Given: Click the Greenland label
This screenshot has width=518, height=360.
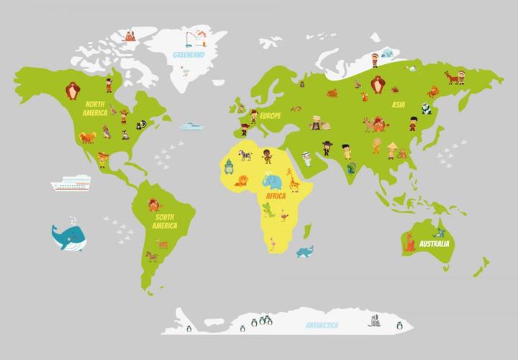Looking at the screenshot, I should point(189,54).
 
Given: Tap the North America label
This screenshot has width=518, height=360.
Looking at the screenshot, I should point(95,108).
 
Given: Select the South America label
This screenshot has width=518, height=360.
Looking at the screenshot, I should point(165,220).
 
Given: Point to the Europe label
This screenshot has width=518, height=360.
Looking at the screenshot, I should point(270,115).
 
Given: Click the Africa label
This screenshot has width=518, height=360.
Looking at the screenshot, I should point(276,196).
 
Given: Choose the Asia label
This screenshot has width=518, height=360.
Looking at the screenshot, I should point(398,104).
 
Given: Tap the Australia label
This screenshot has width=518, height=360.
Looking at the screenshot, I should point(434,244).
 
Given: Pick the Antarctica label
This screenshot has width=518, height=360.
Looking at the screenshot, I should point(322,325).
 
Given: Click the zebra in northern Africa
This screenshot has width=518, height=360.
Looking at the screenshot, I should point(246,154).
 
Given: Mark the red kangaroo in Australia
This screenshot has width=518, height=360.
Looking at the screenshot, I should point(410,243).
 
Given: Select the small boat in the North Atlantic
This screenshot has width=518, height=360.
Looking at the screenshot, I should point(191,126).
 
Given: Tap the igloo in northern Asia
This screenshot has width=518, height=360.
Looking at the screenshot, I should point(386,53).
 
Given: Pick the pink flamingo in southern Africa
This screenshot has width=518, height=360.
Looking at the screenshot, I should point(274,243).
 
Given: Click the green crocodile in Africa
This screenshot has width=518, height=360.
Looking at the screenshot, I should point(268,210).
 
